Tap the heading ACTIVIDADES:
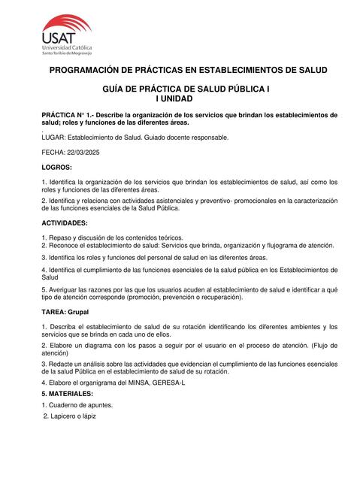[x=65, y=223]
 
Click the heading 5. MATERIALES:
[x=68, y=393]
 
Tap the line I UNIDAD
[x=174, y=98]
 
